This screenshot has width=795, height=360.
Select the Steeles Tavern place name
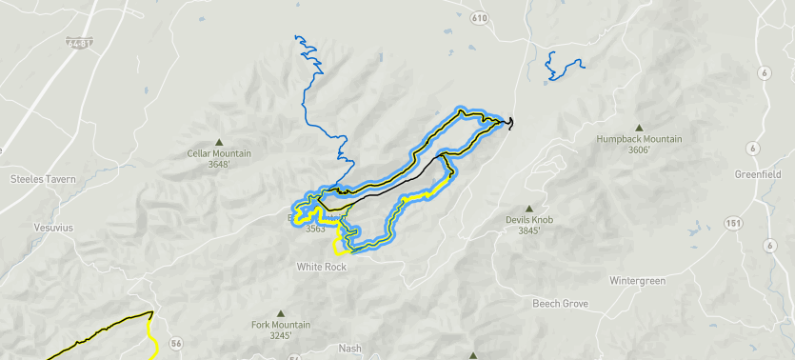[42, 178]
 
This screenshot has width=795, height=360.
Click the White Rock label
[321, 267]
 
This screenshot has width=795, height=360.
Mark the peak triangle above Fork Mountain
[281, 312]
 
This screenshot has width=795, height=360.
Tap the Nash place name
[349, 349]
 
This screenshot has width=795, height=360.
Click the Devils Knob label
[529, 220]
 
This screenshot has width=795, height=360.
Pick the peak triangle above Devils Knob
[529, 208]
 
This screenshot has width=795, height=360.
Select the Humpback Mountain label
[639, 139]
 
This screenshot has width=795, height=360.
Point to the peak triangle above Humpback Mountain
[639, 126]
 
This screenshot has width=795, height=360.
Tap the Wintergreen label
[635, 281]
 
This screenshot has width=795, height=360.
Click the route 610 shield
[479, 18]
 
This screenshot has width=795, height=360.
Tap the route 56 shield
[175, 343]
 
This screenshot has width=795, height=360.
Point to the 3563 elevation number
[316, 229]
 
